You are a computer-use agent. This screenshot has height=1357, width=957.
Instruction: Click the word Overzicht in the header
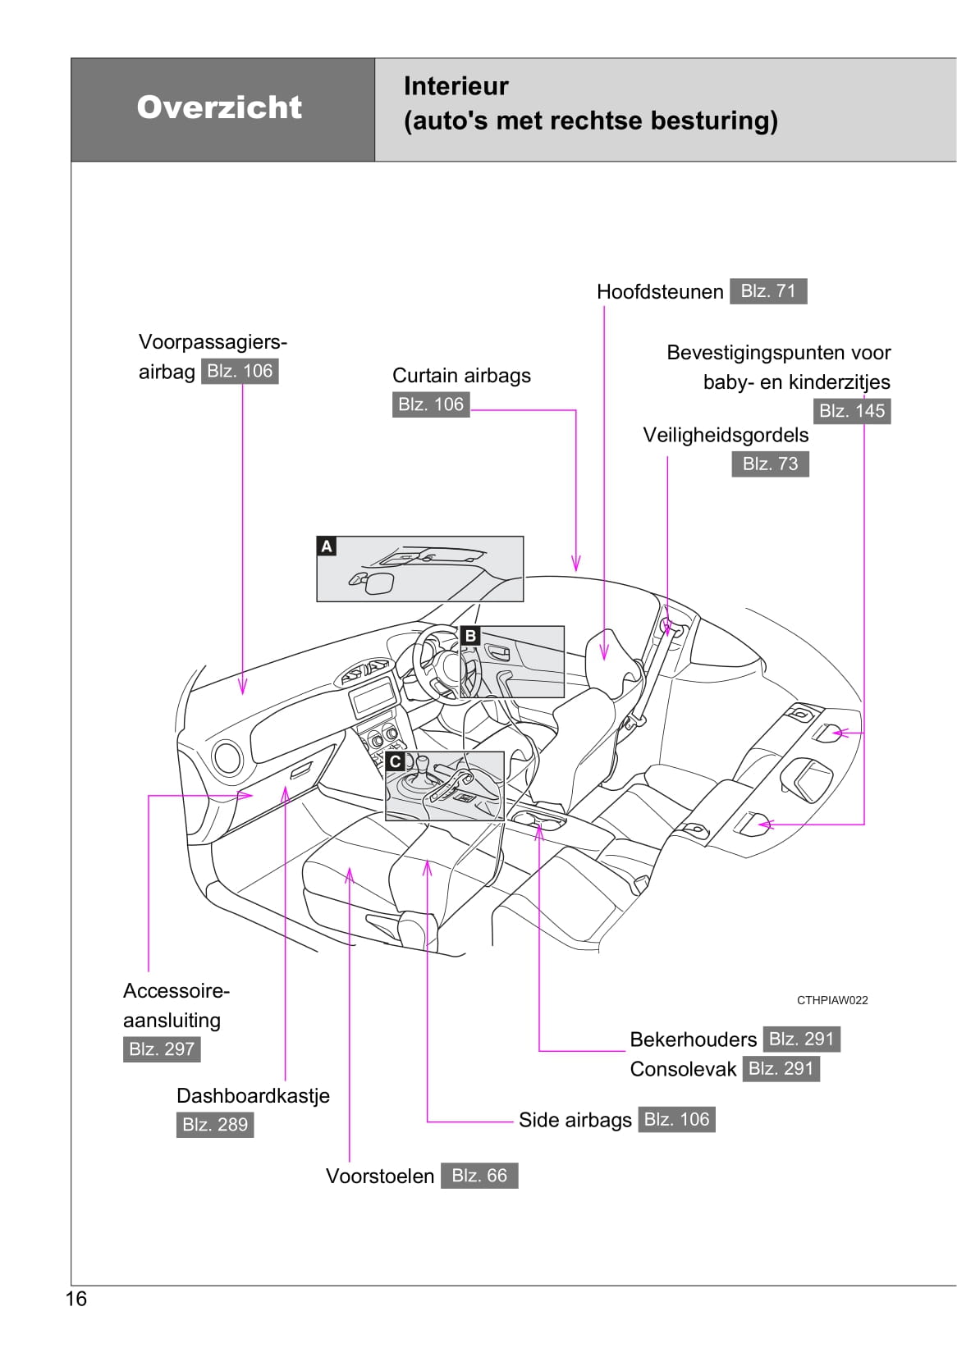[219, 107]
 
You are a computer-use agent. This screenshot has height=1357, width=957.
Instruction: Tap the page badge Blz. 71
[768, 291]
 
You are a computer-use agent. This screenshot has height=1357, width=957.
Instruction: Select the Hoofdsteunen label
[660, 292]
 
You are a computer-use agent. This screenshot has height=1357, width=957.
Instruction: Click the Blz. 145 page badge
[852, 411]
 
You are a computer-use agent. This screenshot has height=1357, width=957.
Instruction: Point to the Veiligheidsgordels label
[726, 435]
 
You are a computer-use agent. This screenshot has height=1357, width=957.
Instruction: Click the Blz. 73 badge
[770, 464]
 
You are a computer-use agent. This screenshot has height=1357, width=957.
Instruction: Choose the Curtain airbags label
[461, 376]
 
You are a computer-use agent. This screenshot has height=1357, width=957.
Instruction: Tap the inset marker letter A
[327, 546]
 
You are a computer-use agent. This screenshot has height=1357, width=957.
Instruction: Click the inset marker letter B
[470, 636]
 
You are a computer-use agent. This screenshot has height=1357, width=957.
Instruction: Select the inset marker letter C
[396, 761]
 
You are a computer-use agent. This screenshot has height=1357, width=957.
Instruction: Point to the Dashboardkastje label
[253, 1096]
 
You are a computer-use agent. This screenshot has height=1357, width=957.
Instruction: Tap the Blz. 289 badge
[215, 1125]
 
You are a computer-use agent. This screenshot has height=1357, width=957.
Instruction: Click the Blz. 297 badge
[162, 1049]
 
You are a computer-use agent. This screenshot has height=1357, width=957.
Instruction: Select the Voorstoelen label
[380, 1177]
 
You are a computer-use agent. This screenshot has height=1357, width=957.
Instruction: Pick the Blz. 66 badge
[479, 1176]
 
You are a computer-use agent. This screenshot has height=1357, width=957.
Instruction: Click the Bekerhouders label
[693, 1039]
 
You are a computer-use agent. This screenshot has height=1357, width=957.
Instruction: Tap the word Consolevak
[683, 1069]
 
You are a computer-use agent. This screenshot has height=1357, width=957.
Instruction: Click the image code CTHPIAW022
[832, 1000]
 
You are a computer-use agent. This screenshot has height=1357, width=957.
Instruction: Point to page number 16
[76, 1299]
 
